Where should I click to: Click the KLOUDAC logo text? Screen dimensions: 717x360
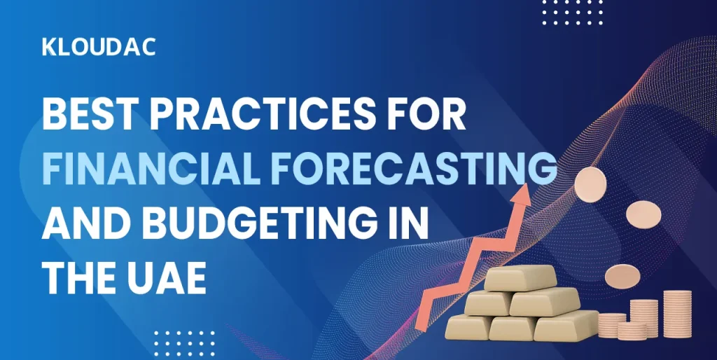[x=99, y=47]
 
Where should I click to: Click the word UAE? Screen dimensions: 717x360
[x=172, y=277]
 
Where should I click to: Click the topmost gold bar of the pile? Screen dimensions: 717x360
[x=521, y=277]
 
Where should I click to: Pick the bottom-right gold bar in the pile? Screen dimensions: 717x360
[x=566, y=325]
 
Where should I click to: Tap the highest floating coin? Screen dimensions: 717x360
[x=590, y=184]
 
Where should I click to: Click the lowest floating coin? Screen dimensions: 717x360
[x=622, y=276]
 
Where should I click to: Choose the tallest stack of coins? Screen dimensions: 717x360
[x=677, y=314]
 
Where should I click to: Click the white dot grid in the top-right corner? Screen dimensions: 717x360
[x=573, y=13]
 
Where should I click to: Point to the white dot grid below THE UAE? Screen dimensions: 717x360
[x=184, y=344]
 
